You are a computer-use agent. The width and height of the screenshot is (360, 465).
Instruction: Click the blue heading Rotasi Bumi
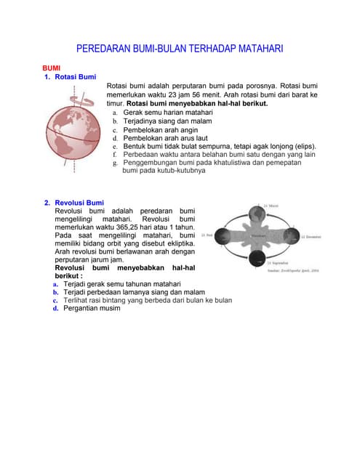click(76, 76)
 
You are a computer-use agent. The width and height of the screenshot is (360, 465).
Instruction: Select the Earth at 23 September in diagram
click(257, 263)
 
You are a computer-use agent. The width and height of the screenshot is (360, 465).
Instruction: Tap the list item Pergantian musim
click(92, 308)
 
